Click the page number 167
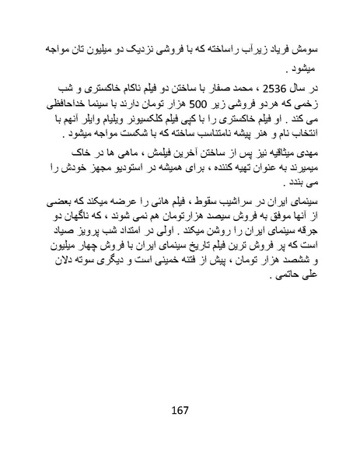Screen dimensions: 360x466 [x=180, y=410]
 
